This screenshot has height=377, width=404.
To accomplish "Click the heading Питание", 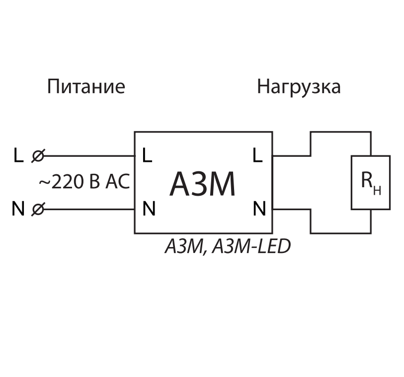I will tap(86, 87).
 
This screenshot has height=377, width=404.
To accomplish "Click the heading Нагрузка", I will tap(299, 87).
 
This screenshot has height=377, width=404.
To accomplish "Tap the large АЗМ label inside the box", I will tap(203, 184).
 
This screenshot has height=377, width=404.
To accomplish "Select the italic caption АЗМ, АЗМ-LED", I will tap(228, 247).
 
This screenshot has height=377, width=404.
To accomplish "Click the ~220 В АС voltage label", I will tap(84, 182).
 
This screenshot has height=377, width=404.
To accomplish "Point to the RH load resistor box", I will tap(371, 182).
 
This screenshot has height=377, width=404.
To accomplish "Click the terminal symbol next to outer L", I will tap(37, 156).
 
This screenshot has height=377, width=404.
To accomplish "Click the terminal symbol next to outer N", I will tap(37, 210).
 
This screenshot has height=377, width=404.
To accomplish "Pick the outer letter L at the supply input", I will tap(18, 156).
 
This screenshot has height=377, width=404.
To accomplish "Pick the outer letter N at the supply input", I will tap(18, 209).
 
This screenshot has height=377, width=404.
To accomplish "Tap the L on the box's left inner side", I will tap(147, 156).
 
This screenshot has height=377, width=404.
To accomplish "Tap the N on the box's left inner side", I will tap(149, 209).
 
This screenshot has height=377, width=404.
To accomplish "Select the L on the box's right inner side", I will tap(257, 156).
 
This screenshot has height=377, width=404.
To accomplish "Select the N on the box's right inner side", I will tap(259, 209).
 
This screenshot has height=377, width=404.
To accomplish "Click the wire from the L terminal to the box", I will tap(89, 156).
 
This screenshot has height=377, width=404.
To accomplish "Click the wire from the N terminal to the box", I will tap(89, 210).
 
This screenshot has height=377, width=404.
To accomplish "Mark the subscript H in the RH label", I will tap(377, 190).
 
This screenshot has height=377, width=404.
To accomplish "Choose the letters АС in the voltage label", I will tap(117, 182).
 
